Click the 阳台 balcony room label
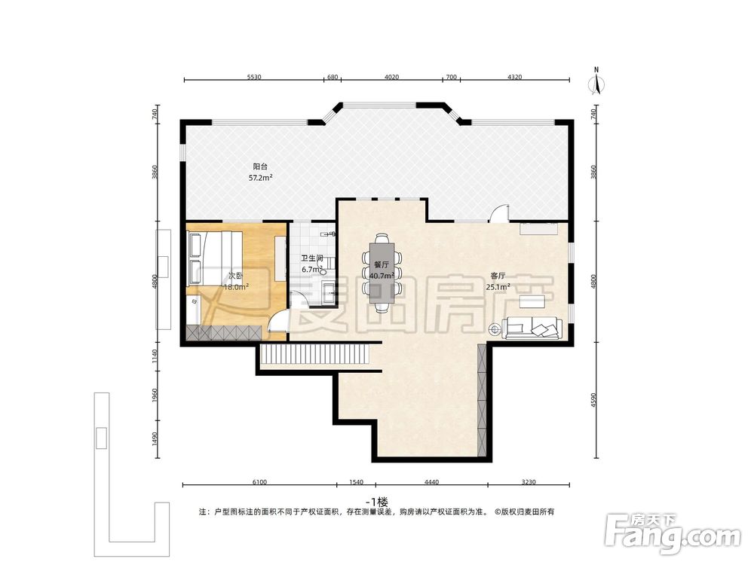pos(260,166)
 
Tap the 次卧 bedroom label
pos(235,276)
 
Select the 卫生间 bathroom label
pos(312,258)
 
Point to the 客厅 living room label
pos(498,276)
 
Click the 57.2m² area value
pos(260,178)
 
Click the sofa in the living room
pos(532,328)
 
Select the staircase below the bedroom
pos(315,355)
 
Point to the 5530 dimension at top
pos(254,77)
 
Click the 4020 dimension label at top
pos(391,77)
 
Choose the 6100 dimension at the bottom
pos(259,482)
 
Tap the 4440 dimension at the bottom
pos(431,482)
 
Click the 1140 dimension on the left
pos(155,356)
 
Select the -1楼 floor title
pos(376,502)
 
